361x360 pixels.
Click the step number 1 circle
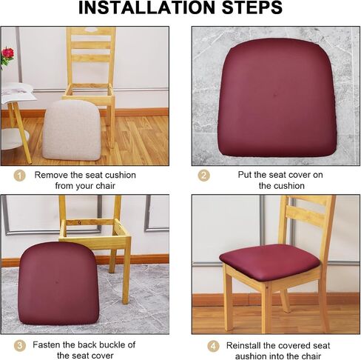click(19, 176)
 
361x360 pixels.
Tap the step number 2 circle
click(203, 176)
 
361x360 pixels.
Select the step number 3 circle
click(19, 346)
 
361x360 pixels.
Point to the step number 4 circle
click(213, 346)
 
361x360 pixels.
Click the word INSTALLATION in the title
click(147, 8)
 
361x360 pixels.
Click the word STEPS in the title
click(252, 8)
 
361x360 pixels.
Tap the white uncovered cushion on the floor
click(72, 130)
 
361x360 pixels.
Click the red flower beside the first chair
click(7, 53)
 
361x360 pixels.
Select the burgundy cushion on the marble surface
click(277, 98)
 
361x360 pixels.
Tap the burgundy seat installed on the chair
click(269, 261)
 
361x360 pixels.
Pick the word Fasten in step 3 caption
click(46, 344)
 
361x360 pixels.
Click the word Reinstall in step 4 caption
click(243, 345)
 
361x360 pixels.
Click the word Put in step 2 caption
click(245, 175)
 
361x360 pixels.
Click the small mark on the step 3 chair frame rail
click(79, 222)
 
